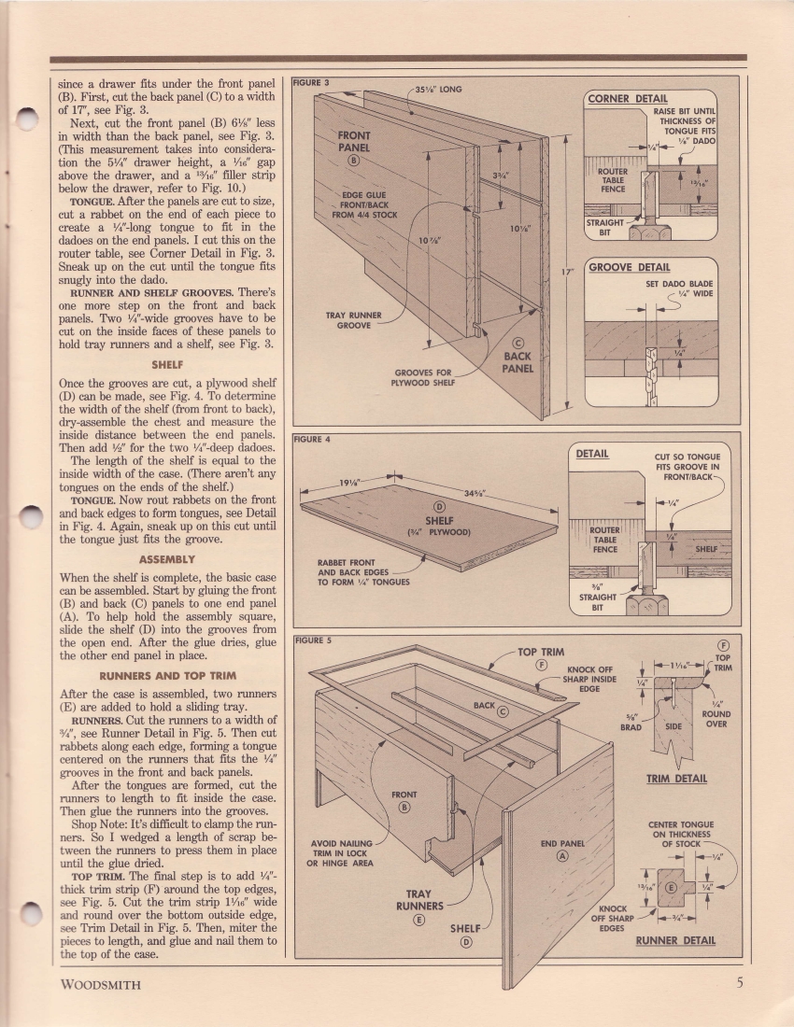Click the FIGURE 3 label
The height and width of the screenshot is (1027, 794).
coord(311,83)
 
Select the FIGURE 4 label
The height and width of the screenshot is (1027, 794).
coord(311,438)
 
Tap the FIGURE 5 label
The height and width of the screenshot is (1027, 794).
coord(311,640)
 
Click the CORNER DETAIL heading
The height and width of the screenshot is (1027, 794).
coord(626,98)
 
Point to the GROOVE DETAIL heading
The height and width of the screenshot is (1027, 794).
coord(629,268)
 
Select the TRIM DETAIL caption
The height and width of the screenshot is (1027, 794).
coord(676,779)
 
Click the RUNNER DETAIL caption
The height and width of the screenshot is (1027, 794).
coord(675,940)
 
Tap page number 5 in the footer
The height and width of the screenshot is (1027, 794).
coord(738,982)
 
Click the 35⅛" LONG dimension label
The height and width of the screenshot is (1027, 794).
coord(438,91)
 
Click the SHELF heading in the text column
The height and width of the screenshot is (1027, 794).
coord(167,365)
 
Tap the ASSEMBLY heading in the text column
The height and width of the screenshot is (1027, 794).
coord(167,559)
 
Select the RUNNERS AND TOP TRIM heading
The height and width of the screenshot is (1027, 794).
coord(167,675)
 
